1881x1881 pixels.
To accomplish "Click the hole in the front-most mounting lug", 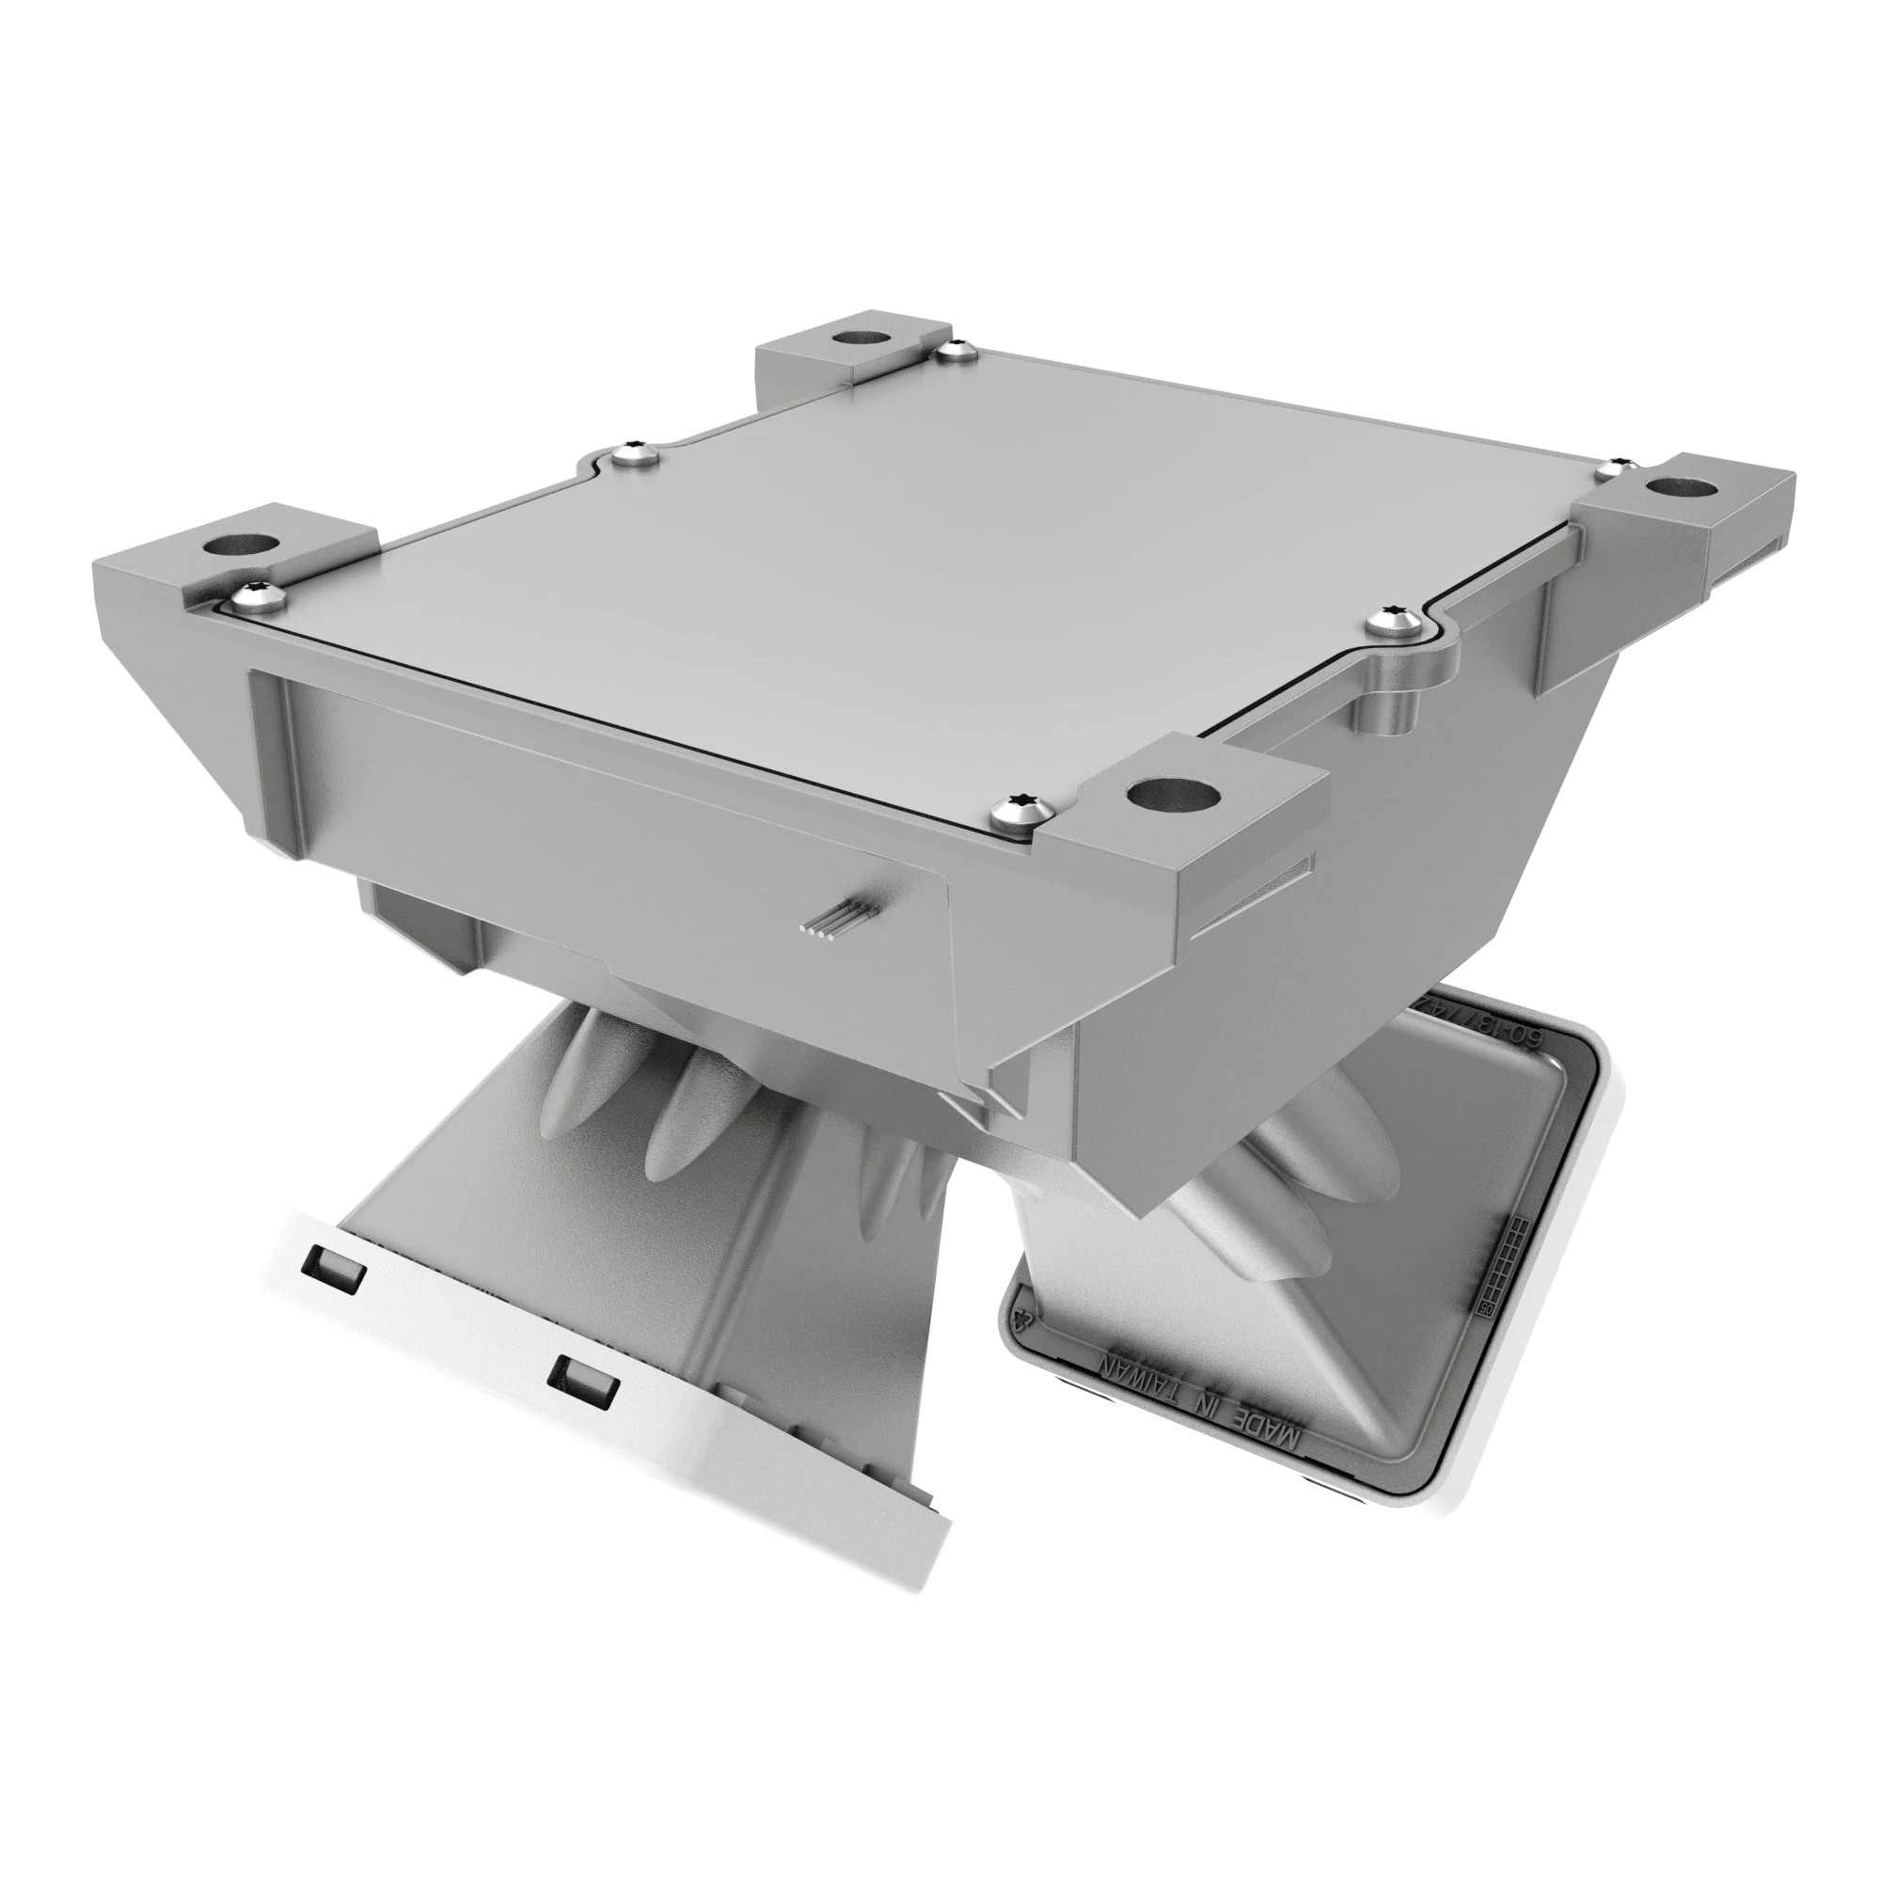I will (x=1173, y=795).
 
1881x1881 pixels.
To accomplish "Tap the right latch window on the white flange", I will (x=582, y=1382).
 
